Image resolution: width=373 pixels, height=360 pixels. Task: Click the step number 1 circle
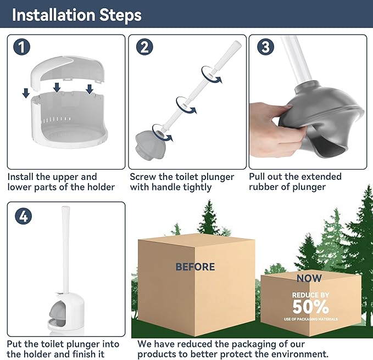[21, 47]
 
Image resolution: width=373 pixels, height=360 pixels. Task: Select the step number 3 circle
[265, 47]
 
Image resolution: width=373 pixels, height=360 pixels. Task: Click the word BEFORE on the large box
[195, 267]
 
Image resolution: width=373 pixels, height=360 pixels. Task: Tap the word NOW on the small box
[309, 278]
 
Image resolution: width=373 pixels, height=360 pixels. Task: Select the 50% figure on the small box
[311, 306]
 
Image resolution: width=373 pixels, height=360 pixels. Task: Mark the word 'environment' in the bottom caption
[298, 354]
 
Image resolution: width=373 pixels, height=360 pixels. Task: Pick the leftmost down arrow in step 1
[26, 94]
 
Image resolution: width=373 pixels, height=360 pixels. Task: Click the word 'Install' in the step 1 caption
[22, 177]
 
